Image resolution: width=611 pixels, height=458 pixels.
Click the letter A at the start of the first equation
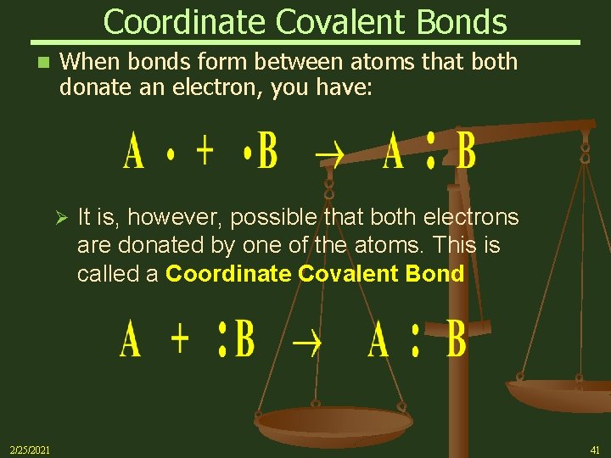133,153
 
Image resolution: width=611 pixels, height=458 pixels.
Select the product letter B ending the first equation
466,154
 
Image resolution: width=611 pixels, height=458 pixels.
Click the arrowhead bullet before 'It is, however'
59,219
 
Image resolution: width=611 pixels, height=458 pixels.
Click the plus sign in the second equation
180,339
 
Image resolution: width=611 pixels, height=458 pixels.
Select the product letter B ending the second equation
456,340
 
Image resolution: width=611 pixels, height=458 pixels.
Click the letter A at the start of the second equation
130,340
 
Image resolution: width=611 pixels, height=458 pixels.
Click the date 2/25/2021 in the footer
29,449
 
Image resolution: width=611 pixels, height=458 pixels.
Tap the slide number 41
593,449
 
